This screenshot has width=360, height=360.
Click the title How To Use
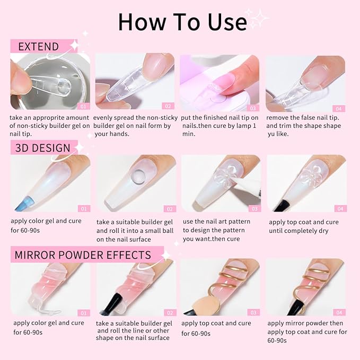pyautogui.click(x=182, y=22)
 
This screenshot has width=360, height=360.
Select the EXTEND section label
pyautogui.click(x=38, y=47)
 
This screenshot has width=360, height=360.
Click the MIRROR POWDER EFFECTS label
pyautogui.click(x=83, y=254)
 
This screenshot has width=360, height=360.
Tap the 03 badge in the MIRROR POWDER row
pyautogui.click(x=254, y=312)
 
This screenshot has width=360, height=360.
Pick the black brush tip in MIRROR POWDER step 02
pyautogui.click(x=109, y=305)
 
